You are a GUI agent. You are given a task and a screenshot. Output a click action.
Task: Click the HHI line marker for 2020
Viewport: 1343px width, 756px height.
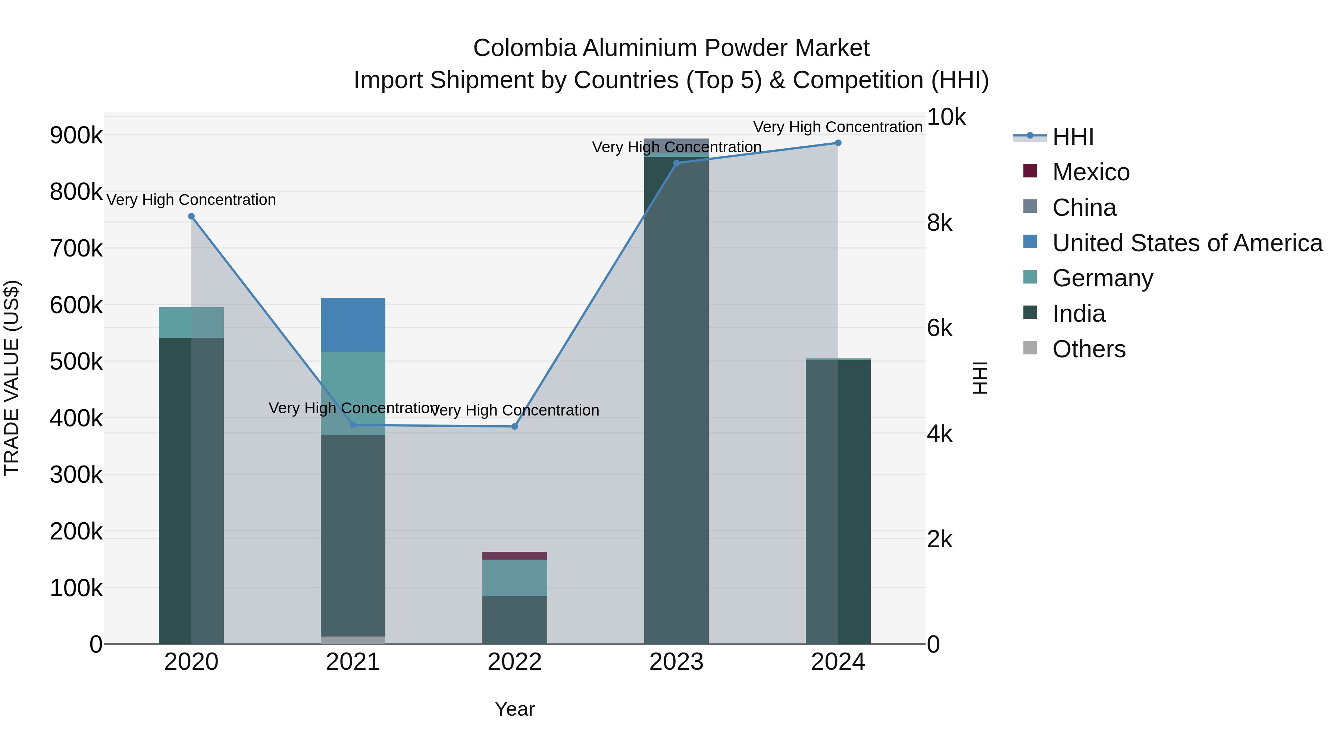click(x=191, y=217)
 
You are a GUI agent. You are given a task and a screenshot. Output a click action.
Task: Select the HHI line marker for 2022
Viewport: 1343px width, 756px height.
click(x=514, y=426)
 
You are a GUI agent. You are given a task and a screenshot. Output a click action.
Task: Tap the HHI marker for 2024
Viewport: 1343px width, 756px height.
click(x=838, y=143)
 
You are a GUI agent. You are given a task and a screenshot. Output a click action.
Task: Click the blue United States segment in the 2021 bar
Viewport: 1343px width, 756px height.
click(x=353, y=324)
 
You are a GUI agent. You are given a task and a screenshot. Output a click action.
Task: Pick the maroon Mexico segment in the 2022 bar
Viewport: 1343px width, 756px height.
click(x=514, y=556)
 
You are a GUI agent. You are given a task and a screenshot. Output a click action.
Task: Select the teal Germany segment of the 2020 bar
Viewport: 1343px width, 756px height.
click(x=191, y=323)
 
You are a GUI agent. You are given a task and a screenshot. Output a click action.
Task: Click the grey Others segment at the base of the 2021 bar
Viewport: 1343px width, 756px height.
click(x=353, y=640)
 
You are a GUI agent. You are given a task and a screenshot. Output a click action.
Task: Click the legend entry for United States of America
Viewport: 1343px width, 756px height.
click(x=1187, y=243)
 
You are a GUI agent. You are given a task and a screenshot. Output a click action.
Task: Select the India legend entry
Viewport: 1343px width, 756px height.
click(x=1078, y=314)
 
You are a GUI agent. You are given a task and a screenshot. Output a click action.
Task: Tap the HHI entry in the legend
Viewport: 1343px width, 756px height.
click(x=1073, y=137)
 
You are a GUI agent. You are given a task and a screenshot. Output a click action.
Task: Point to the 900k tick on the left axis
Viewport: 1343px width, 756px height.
click(x=76, y=135)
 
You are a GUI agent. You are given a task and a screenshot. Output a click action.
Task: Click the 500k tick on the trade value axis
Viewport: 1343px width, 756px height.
click(x=76, y=361)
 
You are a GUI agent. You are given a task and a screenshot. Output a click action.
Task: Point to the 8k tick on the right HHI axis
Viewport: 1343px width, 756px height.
click(x=939, y=223)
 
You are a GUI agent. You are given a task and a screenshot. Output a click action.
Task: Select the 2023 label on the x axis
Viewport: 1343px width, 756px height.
click(x=676, y=662)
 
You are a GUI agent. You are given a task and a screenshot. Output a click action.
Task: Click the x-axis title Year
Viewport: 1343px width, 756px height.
click(x=514, y=709)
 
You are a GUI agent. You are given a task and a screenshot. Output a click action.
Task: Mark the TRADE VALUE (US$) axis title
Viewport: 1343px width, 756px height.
click(x=12, y=378)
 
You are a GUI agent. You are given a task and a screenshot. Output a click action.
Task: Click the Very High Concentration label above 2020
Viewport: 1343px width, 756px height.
click(x=191, y=200)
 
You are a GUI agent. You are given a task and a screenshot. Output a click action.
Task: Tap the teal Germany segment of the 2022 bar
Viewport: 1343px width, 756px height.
click(x=514, y=578)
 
